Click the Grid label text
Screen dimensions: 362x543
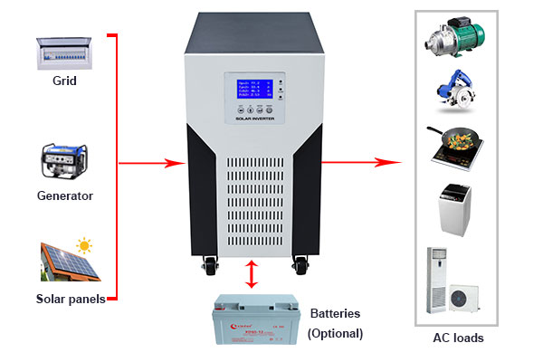[64, 81]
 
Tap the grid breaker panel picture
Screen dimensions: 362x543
[65, 52]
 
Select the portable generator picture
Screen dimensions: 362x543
[64, 162]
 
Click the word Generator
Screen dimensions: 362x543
[64, 195]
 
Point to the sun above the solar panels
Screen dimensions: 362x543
[84, 244]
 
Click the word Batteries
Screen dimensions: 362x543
[335, 314]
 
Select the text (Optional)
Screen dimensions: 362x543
[335, 333]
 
